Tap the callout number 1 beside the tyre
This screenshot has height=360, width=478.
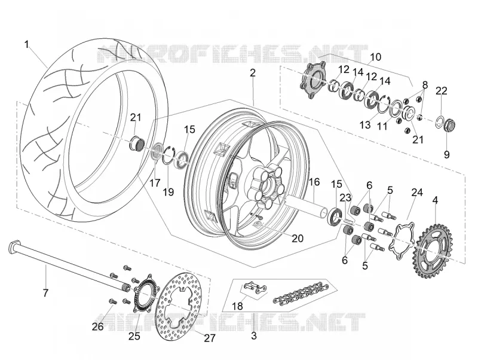pos(27,44)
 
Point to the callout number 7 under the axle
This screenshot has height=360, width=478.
pos(45,293)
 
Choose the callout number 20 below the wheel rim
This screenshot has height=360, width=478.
pos(298,238)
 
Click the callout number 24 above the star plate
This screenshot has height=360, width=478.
pos(417,193)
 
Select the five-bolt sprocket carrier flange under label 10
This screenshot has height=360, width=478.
pos(311,80)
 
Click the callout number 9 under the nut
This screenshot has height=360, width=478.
pos(446,155)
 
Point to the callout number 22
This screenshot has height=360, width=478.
pos(441,91)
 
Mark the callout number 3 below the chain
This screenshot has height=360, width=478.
pos(254,335)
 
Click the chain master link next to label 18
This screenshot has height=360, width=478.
pos(255,289)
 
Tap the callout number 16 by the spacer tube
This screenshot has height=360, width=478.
pos(314,182)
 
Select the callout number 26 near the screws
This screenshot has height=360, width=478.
pos(98,327)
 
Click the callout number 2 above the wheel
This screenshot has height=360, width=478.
pos(252,72)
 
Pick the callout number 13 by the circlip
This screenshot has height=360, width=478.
pos(365,124)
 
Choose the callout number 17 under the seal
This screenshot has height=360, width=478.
pos(155,183)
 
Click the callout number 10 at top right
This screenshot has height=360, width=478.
pos(376,57)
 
